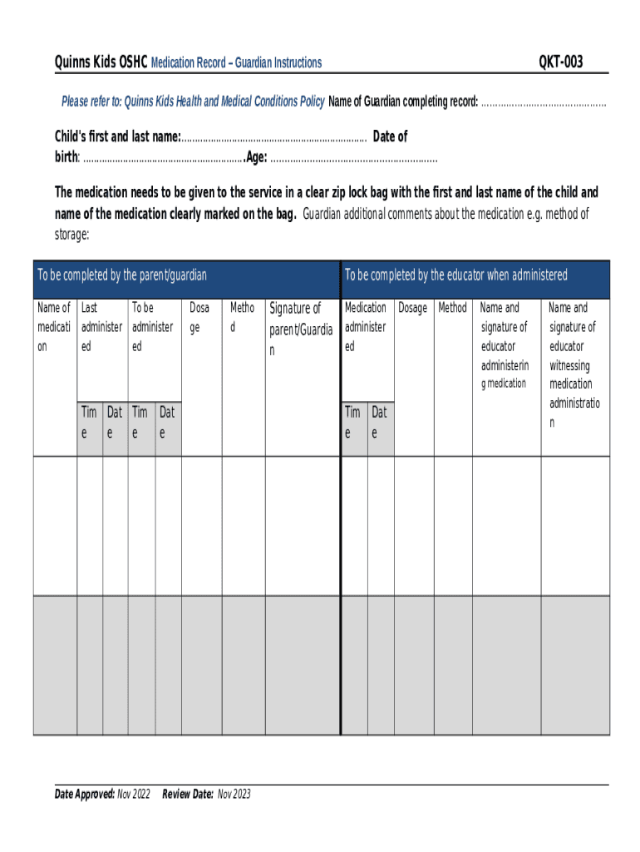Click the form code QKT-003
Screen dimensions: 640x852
[561, 62]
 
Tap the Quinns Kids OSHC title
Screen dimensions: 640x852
[101, 62]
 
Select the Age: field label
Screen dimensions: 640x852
[257, 158]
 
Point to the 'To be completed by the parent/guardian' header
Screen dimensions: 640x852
[121, 275]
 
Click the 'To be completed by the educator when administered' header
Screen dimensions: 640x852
[456, 275]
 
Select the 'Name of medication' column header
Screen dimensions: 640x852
[55, 327]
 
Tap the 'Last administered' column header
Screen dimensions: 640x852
[102, 327]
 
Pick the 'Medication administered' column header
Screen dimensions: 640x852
[366, 327]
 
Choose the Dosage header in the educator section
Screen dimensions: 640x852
[412, 308]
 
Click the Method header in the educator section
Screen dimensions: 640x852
[452, 308]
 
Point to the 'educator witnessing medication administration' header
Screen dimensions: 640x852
[573, 365]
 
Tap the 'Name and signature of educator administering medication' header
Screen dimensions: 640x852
[505, 345]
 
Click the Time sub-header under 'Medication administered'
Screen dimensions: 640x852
[353, 423]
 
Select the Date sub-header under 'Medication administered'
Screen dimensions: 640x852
[380, 423]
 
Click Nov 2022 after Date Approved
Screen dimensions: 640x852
[134, 795]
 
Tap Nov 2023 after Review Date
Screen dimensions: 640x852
[234, 795]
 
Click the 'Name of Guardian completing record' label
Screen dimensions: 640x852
[403, 102]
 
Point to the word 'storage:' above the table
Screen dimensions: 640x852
[72, 235]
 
